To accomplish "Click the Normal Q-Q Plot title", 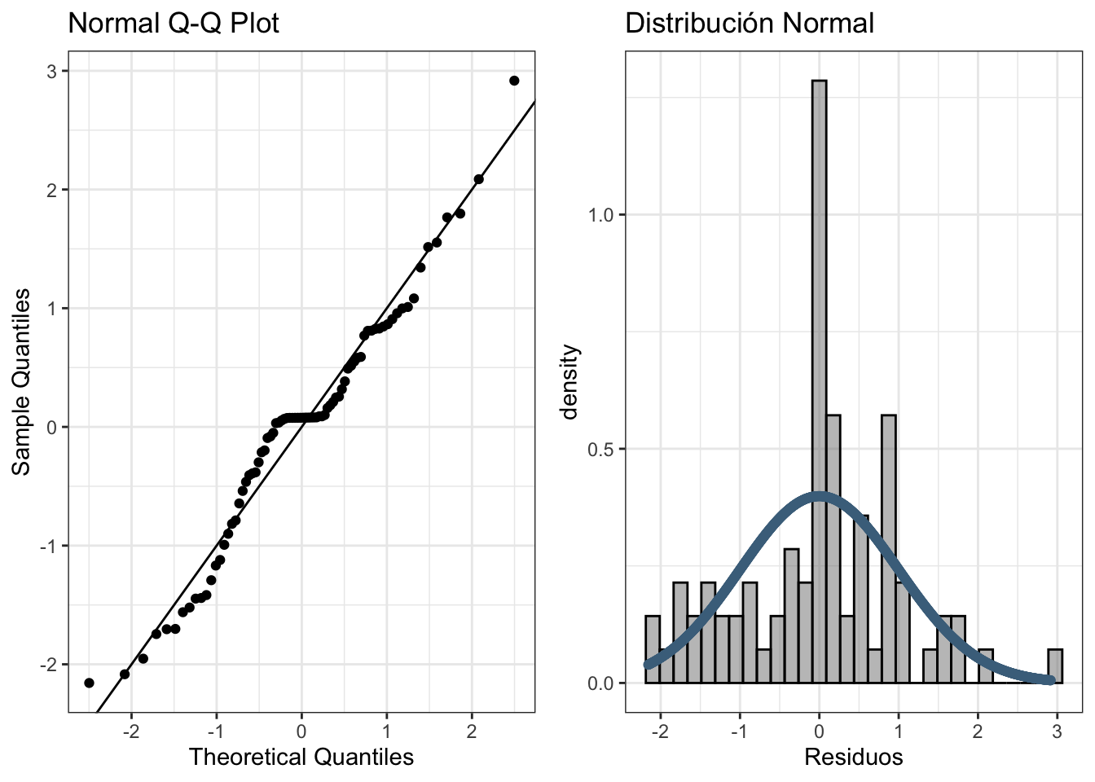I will click(174, 24).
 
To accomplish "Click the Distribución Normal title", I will click(749, 24).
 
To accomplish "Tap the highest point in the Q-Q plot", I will click(514, 81).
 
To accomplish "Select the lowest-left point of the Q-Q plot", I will click(89, 683).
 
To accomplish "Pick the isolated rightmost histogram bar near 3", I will click(1055, 666).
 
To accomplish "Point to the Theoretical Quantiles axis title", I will click(301, 758).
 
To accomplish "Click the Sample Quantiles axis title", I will click(22, 382).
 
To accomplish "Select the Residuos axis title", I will click(853, 758).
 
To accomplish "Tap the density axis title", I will click(570, 382).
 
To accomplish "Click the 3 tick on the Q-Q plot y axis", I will click(52, 72).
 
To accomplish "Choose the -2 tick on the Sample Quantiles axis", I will click(49, 665).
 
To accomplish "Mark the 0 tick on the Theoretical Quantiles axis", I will click(301, 731).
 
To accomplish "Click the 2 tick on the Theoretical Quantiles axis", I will click(472, 731).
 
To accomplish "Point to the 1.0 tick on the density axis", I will click(600, 215).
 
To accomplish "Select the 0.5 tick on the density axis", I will click(600, 450).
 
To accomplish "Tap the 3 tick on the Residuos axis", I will click(1057, 731).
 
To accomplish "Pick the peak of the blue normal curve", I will click(819, 496).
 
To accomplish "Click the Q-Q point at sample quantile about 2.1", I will click(478, 179).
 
